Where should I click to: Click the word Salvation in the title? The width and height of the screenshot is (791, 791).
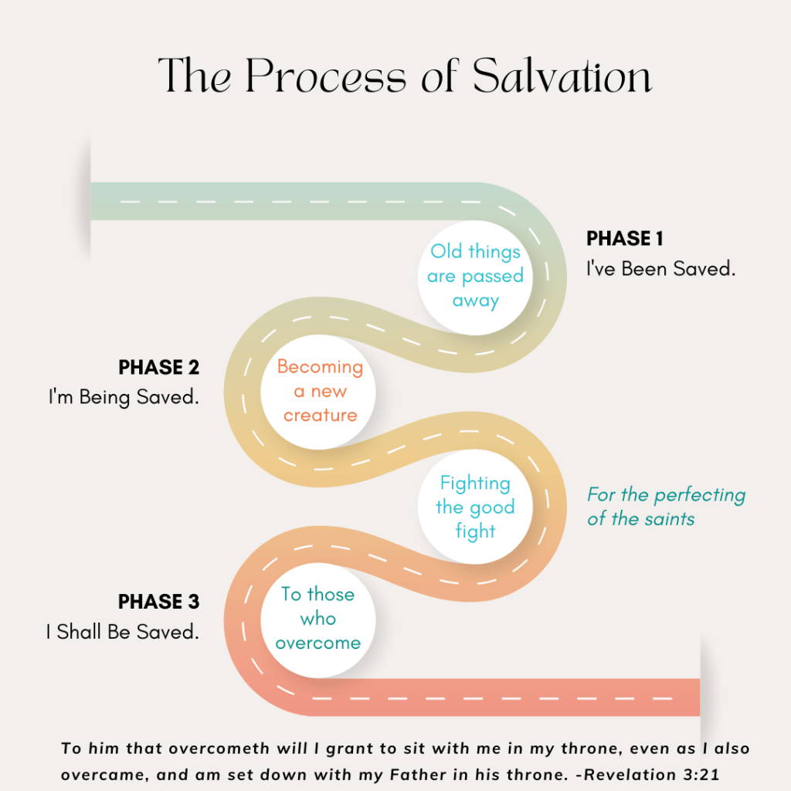click(x=562, y=76)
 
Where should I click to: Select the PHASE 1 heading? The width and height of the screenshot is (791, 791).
click(x=624, y=239)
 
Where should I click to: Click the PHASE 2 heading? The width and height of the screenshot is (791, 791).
click(x=158, y=367)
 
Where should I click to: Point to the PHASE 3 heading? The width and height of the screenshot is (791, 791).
click(x=158, y=601)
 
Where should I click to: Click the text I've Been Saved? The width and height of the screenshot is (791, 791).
click(x=660, y=270)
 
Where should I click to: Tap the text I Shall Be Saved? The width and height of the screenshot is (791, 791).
click(x=122, y=632)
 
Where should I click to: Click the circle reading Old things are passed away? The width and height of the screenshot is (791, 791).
click(x=475, y=277)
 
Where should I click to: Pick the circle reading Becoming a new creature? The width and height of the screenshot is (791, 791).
click(x=319, y=392)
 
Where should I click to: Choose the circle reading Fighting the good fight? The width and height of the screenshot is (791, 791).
click(x=475, y=508)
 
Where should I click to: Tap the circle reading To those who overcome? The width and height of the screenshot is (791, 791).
click(x=317, y=619)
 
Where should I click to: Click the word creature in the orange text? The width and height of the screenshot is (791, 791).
click(x=320, y=416)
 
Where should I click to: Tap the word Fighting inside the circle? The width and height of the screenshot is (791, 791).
click(x=475, y=484)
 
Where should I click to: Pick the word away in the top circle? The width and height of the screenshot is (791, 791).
click(x=475, y=300)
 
